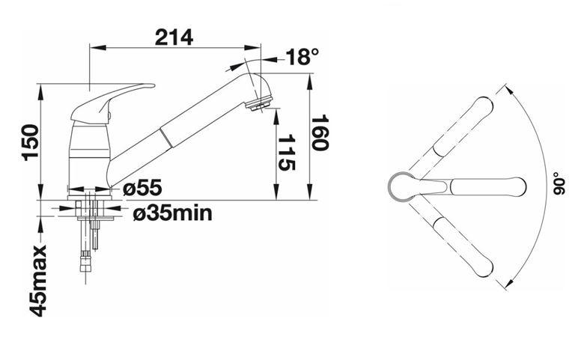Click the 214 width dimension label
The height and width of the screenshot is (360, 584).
pos(174,37)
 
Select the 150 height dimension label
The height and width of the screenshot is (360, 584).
pos(31,142)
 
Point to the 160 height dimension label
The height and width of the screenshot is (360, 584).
pos(320,132)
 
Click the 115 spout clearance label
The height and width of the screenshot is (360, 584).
pos(287,152)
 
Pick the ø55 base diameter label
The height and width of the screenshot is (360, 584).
pos(143,188)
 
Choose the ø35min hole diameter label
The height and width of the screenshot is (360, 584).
pos(172,213)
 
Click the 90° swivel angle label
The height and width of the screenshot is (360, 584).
pos(559,183)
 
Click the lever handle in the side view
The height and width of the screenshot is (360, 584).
pos(111,102)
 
